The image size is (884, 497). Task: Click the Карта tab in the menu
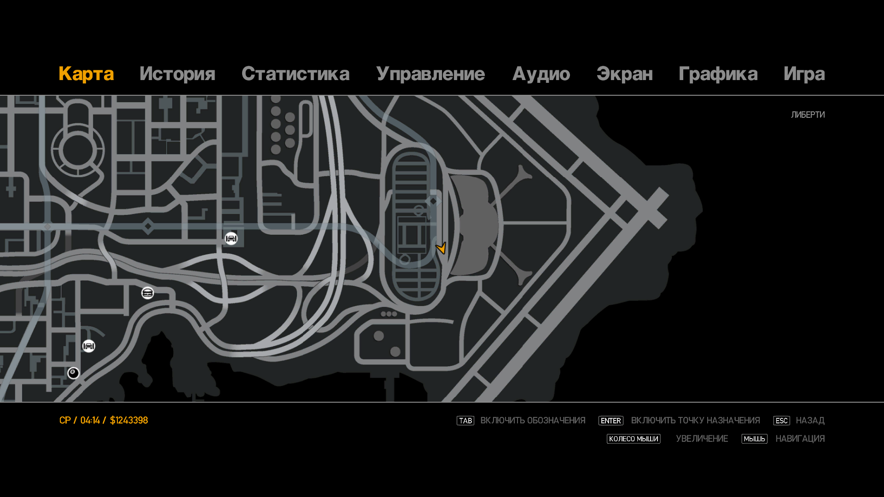86,74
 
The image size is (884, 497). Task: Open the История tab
177,74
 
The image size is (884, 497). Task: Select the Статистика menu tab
295,74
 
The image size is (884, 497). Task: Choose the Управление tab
430,74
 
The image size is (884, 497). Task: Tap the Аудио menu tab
541,74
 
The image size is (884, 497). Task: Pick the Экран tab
624,74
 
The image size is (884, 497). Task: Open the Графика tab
718,74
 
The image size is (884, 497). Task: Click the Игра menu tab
804,74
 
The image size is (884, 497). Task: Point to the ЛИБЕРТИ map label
808,115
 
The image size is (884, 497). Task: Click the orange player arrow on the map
441,248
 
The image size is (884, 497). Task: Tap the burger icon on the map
147,293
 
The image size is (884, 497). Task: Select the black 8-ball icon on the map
73,373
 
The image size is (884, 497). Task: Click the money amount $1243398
129,420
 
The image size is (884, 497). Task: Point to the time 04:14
90,420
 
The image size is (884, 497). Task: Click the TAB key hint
465,421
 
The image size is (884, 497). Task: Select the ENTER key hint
611,421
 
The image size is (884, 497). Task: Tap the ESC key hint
781,421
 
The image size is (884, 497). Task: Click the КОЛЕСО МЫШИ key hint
633,439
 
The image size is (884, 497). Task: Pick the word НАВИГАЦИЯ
800,439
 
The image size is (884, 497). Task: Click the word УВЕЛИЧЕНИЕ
702,439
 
